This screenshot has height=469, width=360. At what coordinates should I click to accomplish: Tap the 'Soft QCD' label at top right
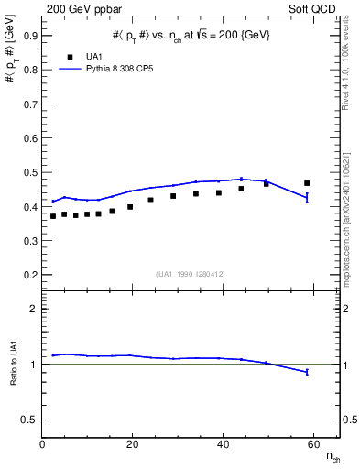pyautogui.click(x=312, y=8)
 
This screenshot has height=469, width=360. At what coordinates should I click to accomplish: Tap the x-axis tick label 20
pyautogui.click(x=133, y=445)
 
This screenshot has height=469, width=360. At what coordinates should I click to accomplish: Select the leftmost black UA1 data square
pyautogui.click(x=53, y=216)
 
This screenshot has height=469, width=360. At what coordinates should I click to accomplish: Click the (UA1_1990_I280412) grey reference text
pyautogui.click(x=190, y=274)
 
